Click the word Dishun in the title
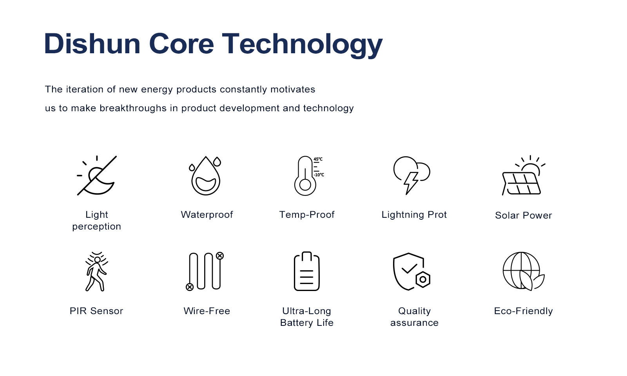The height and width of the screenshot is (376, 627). coord(92,43)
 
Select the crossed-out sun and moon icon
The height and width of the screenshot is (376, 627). coord(96,175)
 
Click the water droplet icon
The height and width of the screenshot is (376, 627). coord(206,175)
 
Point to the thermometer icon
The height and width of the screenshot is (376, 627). coord(305,176)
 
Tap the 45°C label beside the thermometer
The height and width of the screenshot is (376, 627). coord(318,159)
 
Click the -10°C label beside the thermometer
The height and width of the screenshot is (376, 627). coord(319,175)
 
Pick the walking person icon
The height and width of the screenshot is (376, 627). coord(96,271)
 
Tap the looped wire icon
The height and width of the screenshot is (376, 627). coord(205,271)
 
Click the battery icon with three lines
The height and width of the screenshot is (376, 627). coord(306,271)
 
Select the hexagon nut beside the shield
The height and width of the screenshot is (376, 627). coord(423,279)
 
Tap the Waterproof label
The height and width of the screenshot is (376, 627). coord(207,215)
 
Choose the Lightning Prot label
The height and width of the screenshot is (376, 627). coord(414,215)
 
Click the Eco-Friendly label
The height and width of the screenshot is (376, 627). coord(524,311)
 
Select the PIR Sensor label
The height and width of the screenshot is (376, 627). coord(96,311)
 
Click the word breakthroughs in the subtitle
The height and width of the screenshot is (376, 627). coord(133,108)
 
